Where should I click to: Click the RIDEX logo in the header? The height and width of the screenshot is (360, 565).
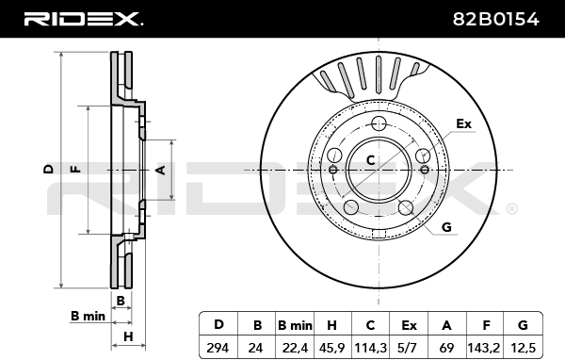(x=83, y=19)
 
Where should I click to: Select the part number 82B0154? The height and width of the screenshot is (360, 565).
(x=496, y=19)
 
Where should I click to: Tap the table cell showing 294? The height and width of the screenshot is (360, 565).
(x=218, y=348)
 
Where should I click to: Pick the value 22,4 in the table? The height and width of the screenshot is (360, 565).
(x=295, y=348)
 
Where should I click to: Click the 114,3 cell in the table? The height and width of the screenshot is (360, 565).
(x=371, y=348)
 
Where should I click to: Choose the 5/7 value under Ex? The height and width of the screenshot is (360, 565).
(x=409, y=348)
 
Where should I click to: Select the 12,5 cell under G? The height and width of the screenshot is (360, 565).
(x=523, y=348)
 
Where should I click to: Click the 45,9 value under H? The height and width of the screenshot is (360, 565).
(x=331, y=348)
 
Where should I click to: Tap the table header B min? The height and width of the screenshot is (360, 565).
(x=295, y=325)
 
